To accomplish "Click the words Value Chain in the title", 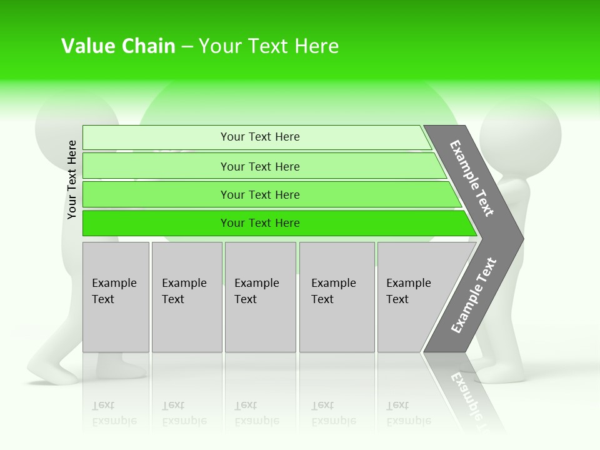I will point(118,46).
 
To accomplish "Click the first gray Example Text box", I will point(116,297).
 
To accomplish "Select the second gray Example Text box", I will point(186,297).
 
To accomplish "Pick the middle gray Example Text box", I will point(260,297).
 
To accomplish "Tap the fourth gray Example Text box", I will point(336,297).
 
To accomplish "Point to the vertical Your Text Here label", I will point(72,180).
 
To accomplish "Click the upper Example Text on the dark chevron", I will point(472,178).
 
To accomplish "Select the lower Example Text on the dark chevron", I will point(473,296).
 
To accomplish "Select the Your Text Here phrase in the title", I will point(269,46).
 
